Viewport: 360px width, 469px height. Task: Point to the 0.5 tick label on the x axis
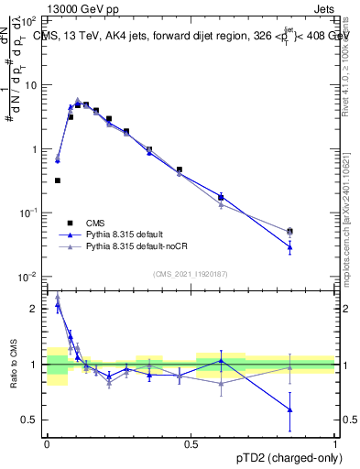pos(191,444)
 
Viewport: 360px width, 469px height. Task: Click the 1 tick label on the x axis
pos(335,444)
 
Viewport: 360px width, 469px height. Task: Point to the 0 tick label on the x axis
pos(47,444)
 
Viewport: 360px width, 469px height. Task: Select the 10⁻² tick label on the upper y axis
pos(29,277)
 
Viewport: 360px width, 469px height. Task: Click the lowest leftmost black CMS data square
pos(58,180)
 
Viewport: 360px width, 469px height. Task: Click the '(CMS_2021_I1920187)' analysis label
pos(191,275)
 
